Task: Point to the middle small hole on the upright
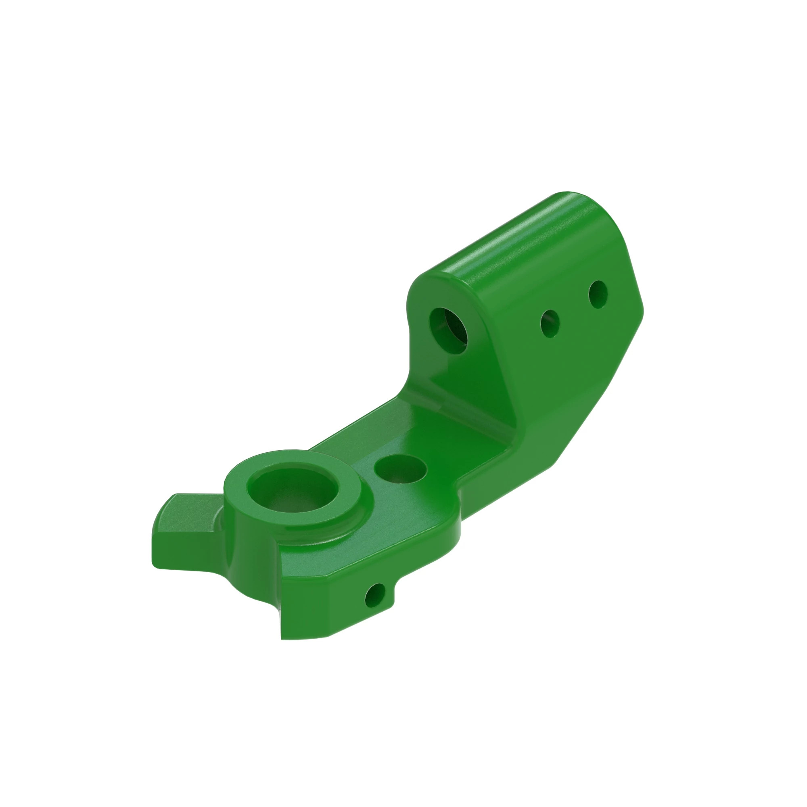[x=550, y=324]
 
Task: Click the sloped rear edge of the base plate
[x=355, y=422]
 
